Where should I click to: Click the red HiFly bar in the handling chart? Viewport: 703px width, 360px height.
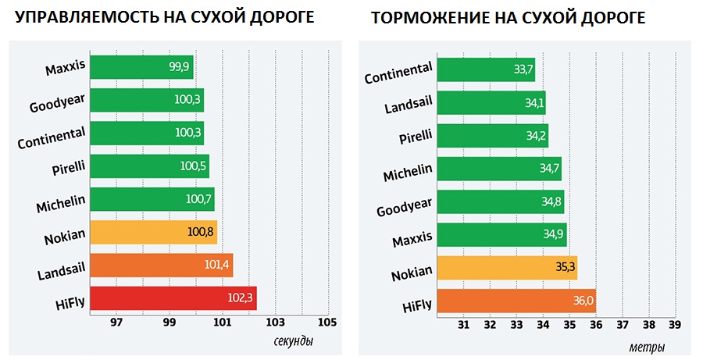pos(173,298)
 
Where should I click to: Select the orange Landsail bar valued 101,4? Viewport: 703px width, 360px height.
pos(161,266)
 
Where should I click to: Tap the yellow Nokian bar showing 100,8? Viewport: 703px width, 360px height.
pos(153,232)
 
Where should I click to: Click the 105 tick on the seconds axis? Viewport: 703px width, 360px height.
pos(327,322)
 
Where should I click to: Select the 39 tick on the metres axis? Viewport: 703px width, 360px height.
pos(674,324)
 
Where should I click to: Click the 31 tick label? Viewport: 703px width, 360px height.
pos(463,324)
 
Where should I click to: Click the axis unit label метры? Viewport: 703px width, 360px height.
pos(646,344)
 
